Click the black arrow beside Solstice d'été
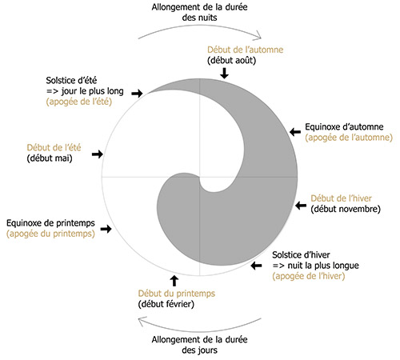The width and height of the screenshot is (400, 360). (137, 93)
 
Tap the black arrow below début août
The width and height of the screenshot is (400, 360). (225, 73)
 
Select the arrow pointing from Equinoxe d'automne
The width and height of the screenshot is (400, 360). (295, 131)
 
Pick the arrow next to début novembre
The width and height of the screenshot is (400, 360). (301, 206)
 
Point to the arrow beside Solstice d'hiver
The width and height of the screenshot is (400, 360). (256, 266)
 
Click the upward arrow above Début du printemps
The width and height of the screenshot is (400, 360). (174, 281)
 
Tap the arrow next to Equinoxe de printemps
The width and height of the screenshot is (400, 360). (106, 229)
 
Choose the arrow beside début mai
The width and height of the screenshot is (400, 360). (98, 154)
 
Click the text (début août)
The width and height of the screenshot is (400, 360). (231, 60)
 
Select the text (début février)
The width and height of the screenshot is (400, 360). (166, 304)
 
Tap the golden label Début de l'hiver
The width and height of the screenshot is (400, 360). (341, 198)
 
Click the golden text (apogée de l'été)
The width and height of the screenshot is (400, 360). (79, 102)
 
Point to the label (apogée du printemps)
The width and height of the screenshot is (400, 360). (50, 234)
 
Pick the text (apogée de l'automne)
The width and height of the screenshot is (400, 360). (349, 138)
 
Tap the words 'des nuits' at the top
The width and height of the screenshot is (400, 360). (199, 18)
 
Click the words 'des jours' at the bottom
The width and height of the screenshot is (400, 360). (199, 350)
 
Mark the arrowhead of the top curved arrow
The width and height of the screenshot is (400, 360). (258, 35)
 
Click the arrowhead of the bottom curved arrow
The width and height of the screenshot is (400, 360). (142, 321)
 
